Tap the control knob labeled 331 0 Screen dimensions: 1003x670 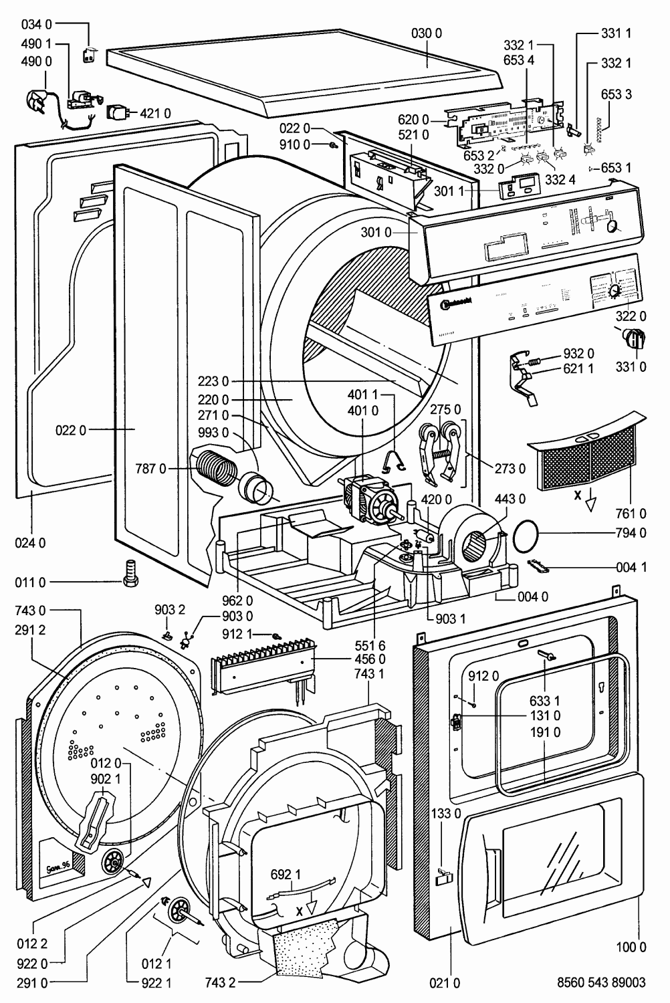tap(633, 338)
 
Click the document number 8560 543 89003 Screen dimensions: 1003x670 tap(600, 983)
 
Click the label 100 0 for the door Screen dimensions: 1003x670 tap(632, 946)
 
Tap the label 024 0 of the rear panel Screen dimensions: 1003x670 tap(31, 542)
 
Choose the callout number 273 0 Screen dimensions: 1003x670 tap(510, 468)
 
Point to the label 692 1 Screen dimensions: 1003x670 tap(286, 874)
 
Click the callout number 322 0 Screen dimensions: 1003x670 tap(633, 316)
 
